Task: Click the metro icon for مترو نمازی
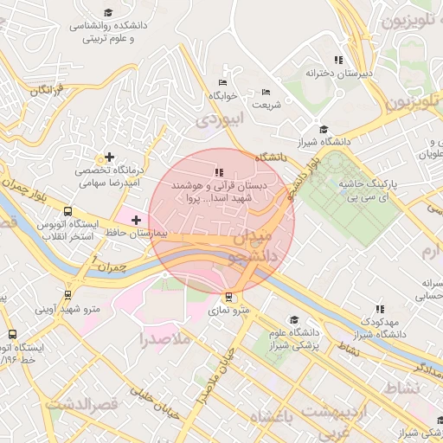click(228, 296)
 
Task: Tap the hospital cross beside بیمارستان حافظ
click(136, 221)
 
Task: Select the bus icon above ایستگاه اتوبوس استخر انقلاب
click(67, 210)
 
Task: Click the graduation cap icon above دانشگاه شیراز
click(323, 129)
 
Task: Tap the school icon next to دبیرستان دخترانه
click(338, 60)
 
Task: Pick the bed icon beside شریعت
click(266, 92)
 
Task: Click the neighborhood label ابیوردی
click(215, 120)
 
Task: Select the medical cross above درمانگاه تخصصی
click(108, 157)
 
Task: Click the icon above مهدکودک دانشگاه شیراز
click(379, 308)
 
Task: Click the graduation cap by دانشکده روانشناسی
click(108, 12)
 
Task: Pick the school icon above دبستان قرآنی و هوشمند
click(219, 172)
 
